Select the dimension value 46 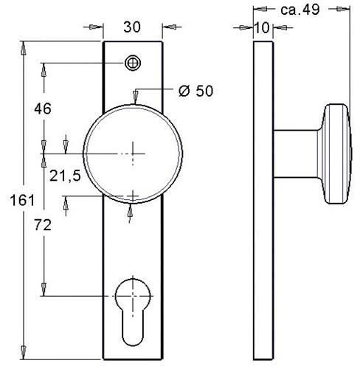coord(42,108)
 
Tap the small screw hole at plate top coord(133,63)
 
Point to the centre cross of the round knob coord(133,154)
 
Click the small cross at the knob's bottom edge coord(133,196)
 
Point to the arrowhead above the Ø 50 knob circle coord(134,95)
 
